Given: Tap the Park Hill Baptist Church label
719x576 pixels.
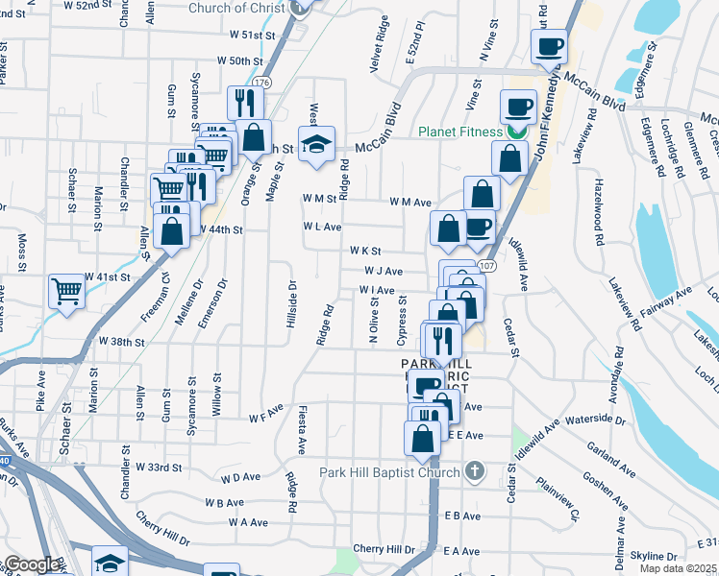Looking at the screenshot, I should coord(389,472).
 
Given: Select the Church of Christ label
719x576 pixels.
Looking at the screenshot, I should coord(237,8).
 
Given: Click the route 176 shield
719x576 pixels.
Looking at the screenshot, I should coord(263,84).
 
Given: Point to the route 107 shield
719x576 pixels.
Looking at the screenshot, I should coord(487,265).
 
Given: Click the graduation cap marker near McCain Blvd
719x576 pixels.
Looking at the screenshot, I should coord(316,144).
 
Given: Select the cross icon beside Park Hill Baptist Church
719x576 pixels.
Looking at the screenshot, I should coord(472,471).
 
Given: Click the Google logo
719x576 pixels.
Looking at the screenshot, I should coord(31,564).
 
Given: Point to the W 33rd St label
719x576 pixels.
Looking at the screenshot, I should coord(160,468).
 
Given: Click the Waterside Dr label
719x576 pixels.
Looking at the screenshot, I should coord(597,420).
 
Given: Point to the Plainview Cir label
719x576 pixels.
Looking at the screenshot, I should coord(558,499).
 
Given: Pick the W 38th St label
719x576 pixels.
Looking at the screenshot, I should coord(122,342).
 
